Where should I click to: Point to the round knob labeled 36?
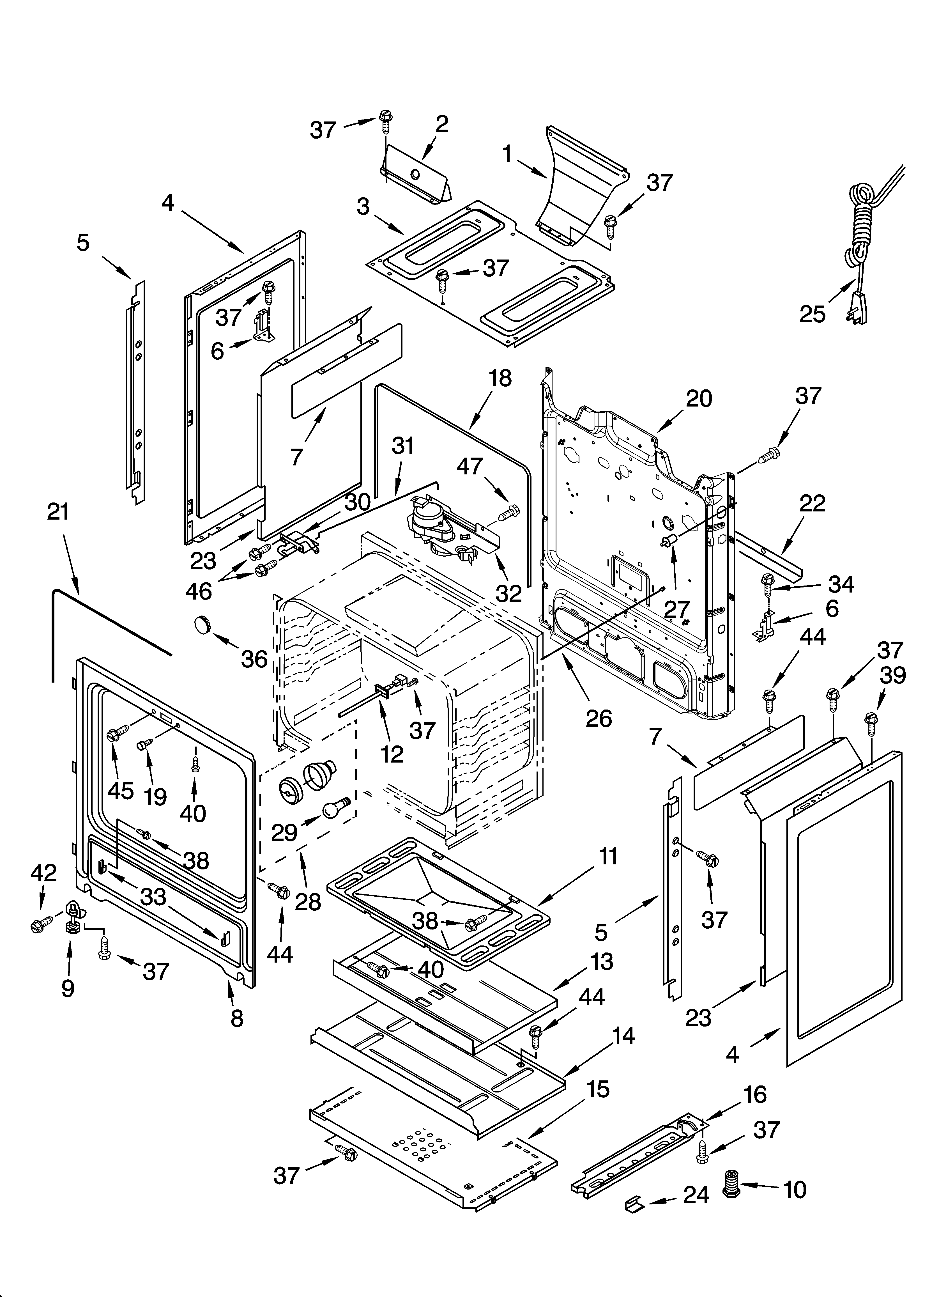[201, 624]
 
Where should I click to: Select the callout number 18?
[500, 378]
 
